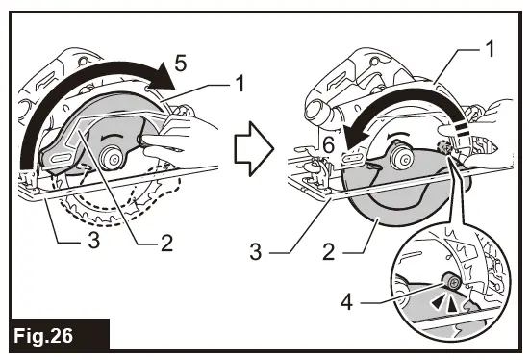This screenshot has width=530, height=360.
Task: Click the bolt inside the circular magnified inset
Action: [448, 283]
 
